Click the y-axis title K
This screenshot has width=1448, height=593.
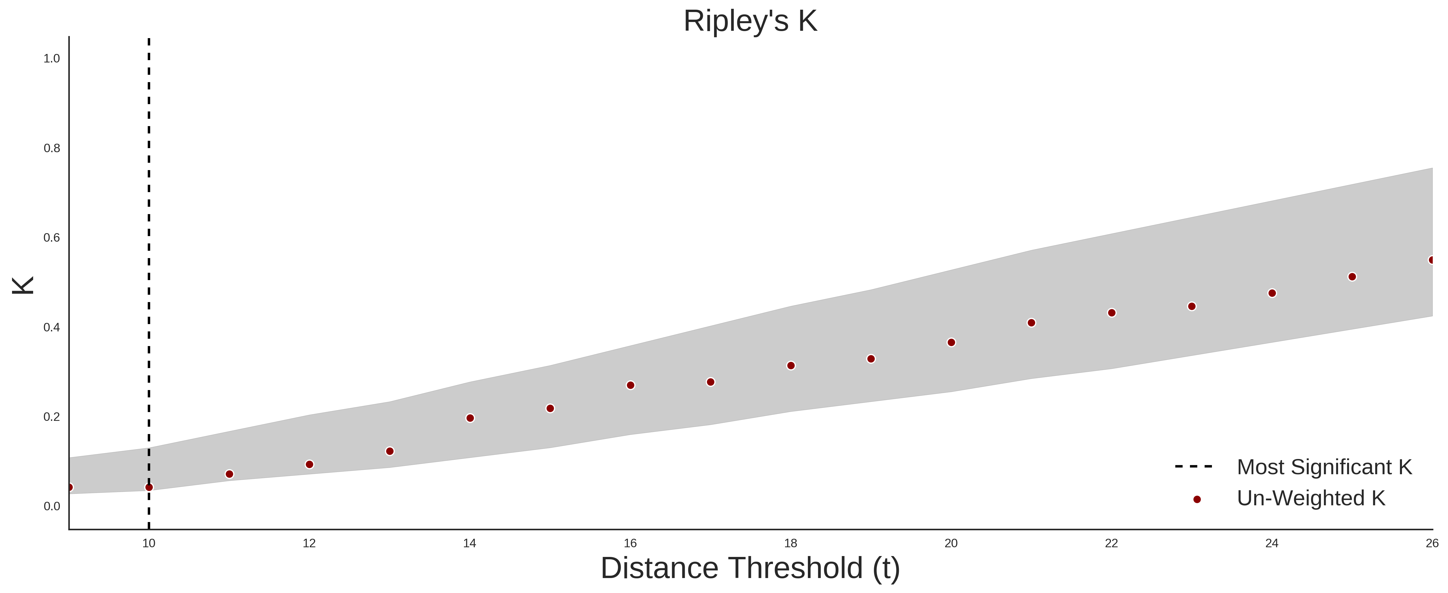23,285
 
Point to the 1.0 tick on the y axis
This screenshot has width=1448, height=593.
52,58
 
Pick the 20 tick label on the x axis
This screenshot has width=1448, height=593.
951,543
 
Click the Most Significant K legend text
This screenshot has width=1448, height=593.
1324,467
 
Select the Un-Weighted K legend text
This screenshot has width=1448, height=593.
1311,498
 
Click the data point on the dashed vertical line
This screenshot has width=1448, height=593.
149,487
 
